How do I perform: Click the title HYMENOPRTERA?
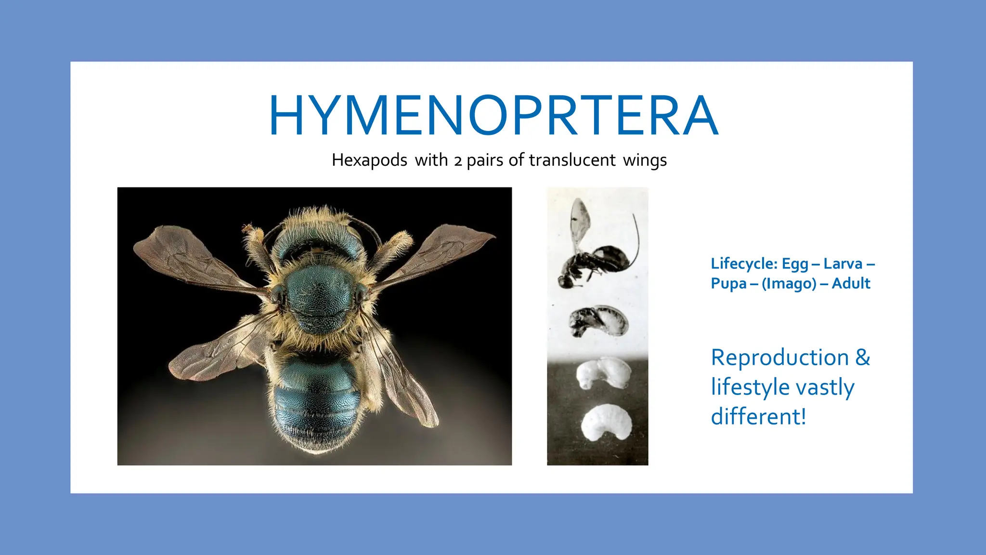pos(493,116)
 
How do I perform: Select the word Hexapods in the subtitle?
pos(369,160)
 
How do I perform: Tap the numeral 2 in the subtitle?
pos(458,161)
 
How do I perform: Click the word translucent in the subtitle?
pos(572,160)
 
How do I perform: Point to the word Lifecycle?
pos(744,264)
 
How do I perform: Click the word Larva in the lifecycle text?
pos(843,264)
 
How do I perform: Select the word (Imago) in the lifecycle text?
pos(789,284)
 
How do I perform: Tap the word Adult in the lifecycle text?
pos(851,283)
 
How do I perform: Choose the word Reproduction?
pos(780,357)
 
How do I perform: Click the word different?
pos(758,417)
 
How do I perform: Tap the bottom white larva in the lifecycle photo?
pos(606,423)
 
